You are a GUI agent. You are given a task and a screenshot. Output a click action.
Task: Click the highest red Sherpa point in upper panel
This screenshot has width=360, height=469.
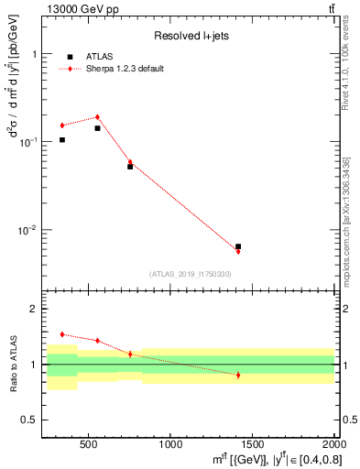[97, 117]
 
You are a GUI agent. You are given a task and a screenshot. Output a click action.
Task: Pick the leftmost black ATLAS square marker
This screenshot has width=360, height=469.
[62, 140]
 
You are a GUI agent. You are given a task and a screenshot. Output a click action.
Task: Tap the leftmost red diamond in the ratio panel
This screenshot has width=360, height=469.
[62, 334]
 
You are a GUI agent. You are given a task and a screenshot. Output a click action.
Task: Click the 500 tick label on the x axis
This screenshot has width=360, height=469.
[89, 445]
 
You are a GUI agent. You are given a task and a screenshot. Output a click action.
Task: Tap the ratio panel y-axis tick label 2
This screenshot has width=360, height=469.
[33, 310]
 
